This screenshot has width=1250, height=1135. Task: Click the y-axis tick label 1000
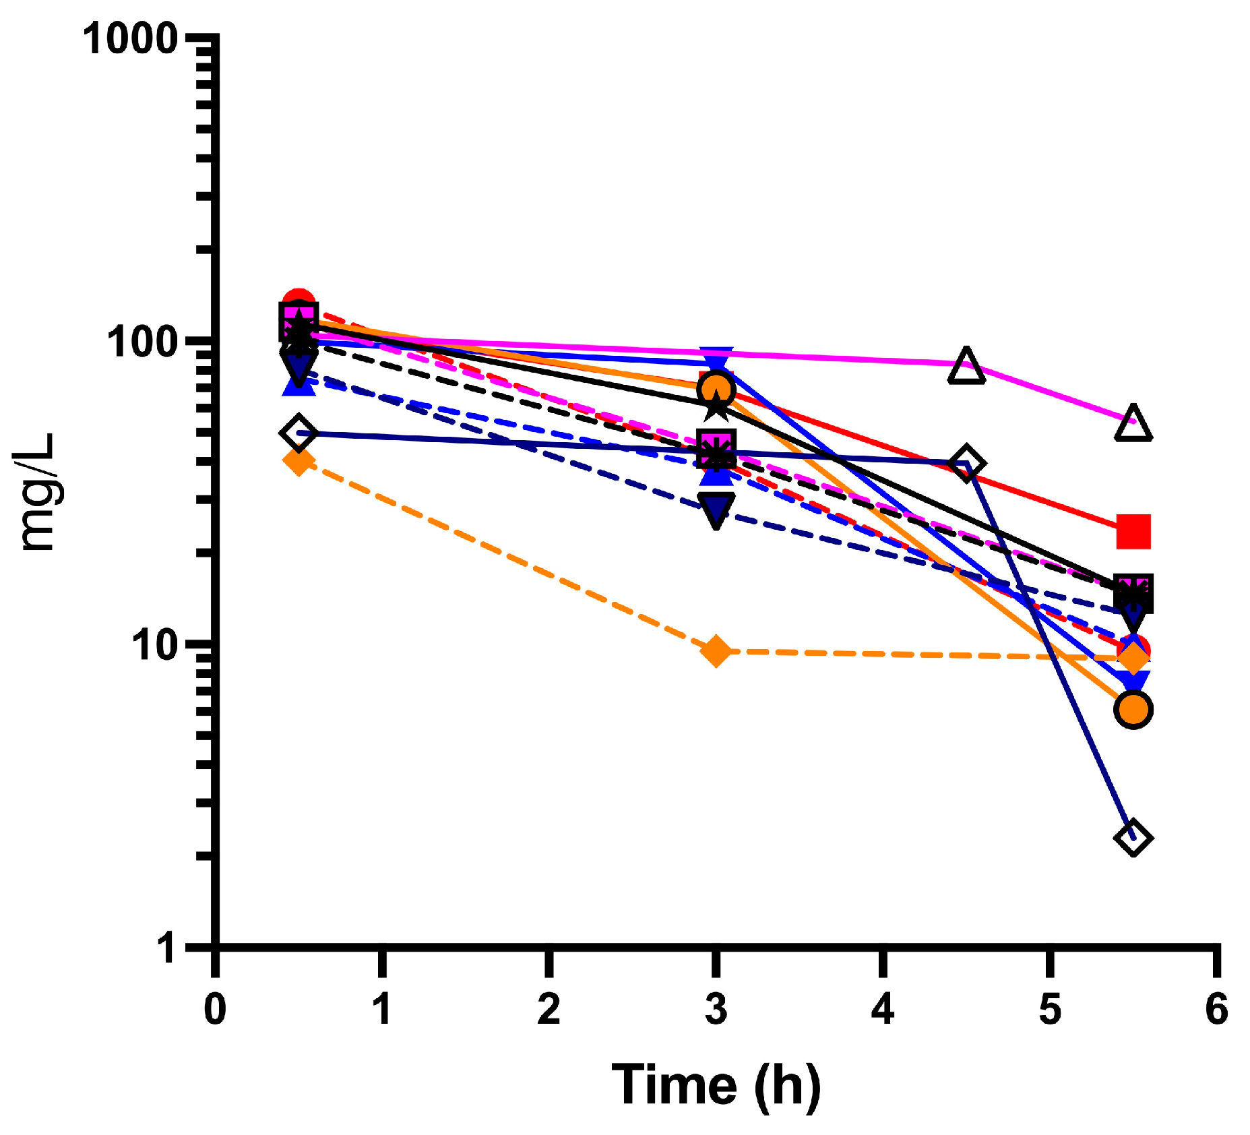(130, 38)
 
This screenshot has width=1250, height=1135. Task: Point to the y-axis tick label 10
(154, 645)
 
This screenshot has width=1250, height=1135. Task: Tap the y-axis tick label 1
(166, 948)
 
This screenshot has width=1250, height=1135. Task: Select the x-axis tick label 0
(215, 1009)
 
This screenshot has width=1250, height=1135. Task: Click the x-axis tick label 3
(716, 1009)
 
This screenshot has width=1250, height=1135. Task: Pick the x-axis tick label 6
(1216, 1009)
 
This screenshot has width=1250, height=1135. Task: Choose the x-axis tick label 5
(1049, 1009)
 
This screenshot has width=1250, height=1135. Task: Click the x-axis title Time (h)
(716, 1085)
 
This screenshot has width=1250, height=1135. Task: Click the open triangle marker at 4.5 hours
(966, 367)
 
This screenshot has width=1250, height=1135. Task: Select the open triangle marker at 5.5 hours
(1133, 424)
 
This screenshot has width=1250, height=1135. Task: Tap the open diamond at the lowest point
(1133, 838)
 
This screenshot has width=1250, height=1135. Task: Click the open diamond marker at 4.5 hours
(966, 464)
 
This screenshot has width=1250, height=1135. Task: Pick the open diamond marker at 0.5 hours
(299, 433)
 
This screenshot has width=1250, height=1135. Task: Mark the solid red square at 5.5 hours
(1133, 531)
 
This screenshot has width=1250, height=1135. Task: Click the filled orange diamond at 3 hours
(716, 651)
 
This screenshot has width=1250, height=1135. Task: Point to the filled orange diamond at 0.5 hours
(299, 462)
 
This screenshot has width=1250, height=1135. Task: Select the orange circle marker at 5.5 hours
(1133, 710)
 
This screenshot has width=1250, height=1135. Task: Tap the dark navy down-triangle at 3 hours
(716, 510)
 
